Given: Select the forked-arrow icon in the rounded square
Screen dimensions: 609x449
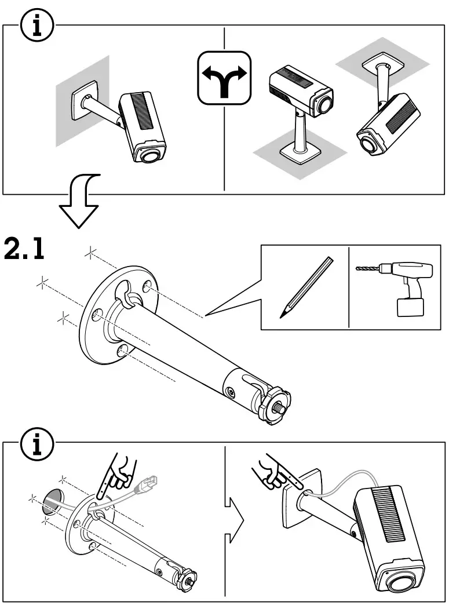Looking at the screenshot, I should click(224, 78).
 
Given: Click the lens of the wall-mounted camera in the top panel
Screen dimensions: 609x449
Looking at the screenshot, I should click(150, 156).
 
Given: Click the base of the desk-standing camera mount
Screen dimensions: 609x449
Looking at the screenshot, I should click(300, 154).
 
